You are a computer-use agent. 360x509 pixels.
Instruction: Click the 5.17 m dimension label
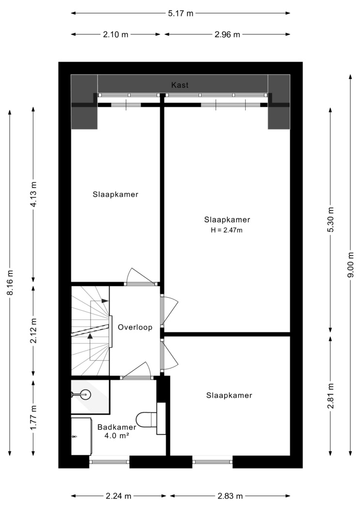pyautogui.click(x=181, y=13)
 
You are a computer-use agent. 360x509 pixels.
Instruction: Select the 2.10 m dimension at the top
pyautogui.click(x=116, y=34)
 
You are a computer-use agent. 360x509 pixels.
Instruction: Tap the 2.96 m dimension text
pyautogui.click(x=227, y=34)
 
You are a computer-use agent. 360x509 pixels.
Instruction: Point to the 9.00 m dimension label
pyautogui.click(x=350, y=265)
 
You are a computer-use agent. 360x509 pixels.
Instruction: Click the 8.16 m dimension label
pyautogui.click(x=10, y=283)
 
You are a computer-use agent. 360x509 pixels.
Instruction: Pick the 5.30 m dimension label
pyautogui.click(x=330, y=220)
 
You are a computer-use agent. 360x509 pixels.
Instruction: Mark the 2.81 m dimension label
pyautogui.click(x=330, y=396)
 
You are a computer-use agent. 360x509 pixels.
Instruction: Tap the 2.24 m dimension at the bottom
pyautogui.click(x=118, y=496)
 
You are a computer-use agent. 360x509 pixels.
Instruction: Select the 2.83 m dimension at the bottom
pyautogui.click(x=230, y=496)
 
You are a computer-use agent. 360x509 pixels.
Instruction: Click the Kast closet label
pyautogui.click(x=180, y=85)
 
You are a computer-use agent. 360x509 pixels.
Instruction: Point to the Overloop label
pyautogui.click(x=135, y=327)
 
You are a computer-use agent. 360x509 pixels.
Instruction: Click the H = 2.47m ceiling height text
pyautogui.click(x=227, y=230)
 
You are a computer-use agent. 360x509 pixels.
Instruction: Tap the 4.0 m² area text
pyautogui.click(x=117, y=436)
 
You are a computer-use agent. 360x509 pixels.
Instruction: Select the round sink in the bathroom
pyautogui.click(x=85, y=395)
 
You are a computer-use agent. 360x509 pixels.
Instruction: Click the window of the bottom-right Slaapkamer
pyautogui.click(x=212, y=460)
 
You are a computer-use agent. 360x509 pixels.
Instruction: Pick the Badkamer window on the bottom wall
pyautogui.click(x=110, y=460)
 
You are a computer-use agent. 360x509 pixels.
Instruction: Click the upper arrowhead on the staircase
pyautogui.click(x=105, y=301)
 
